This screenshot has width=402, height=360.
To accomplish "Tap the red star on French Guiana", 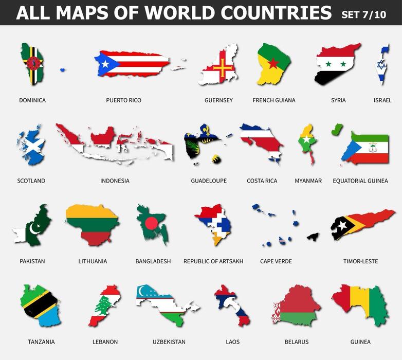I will coord(273,63).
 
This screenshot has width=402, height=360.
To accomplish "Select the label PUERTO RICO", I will coord(123,100).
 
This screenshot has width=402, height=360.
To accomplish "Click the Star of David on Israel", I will coord(381,65).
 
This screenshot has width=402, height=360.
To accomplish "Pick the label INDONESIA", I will coord(115,181).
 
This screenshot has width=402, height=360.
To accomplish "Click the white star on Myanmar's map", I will coord(307,139).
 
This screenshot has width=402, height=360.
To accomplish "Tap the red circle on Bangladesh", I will coord(151,223).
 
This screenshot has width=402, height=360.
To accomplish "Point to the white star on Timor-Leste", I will coord(342,225).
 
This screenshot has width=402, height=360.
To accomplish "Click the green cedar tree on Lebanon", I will coord(105,305).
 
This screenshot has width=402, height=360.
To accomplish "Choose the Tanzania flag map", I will coord(40,305).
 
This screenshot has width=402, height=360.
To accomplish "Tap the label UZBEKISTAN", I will coord(169,342).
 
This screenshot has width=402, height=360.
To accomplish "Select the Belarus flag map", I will coord(296,305).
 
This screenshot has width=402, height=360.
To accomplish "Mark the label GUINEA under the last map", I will coord(360,342).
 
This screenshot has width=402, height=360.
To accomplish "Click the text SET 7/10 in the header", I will coord(363,14).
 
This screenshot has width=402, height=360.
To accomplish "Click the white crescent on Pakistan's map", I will coord(34,227).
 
